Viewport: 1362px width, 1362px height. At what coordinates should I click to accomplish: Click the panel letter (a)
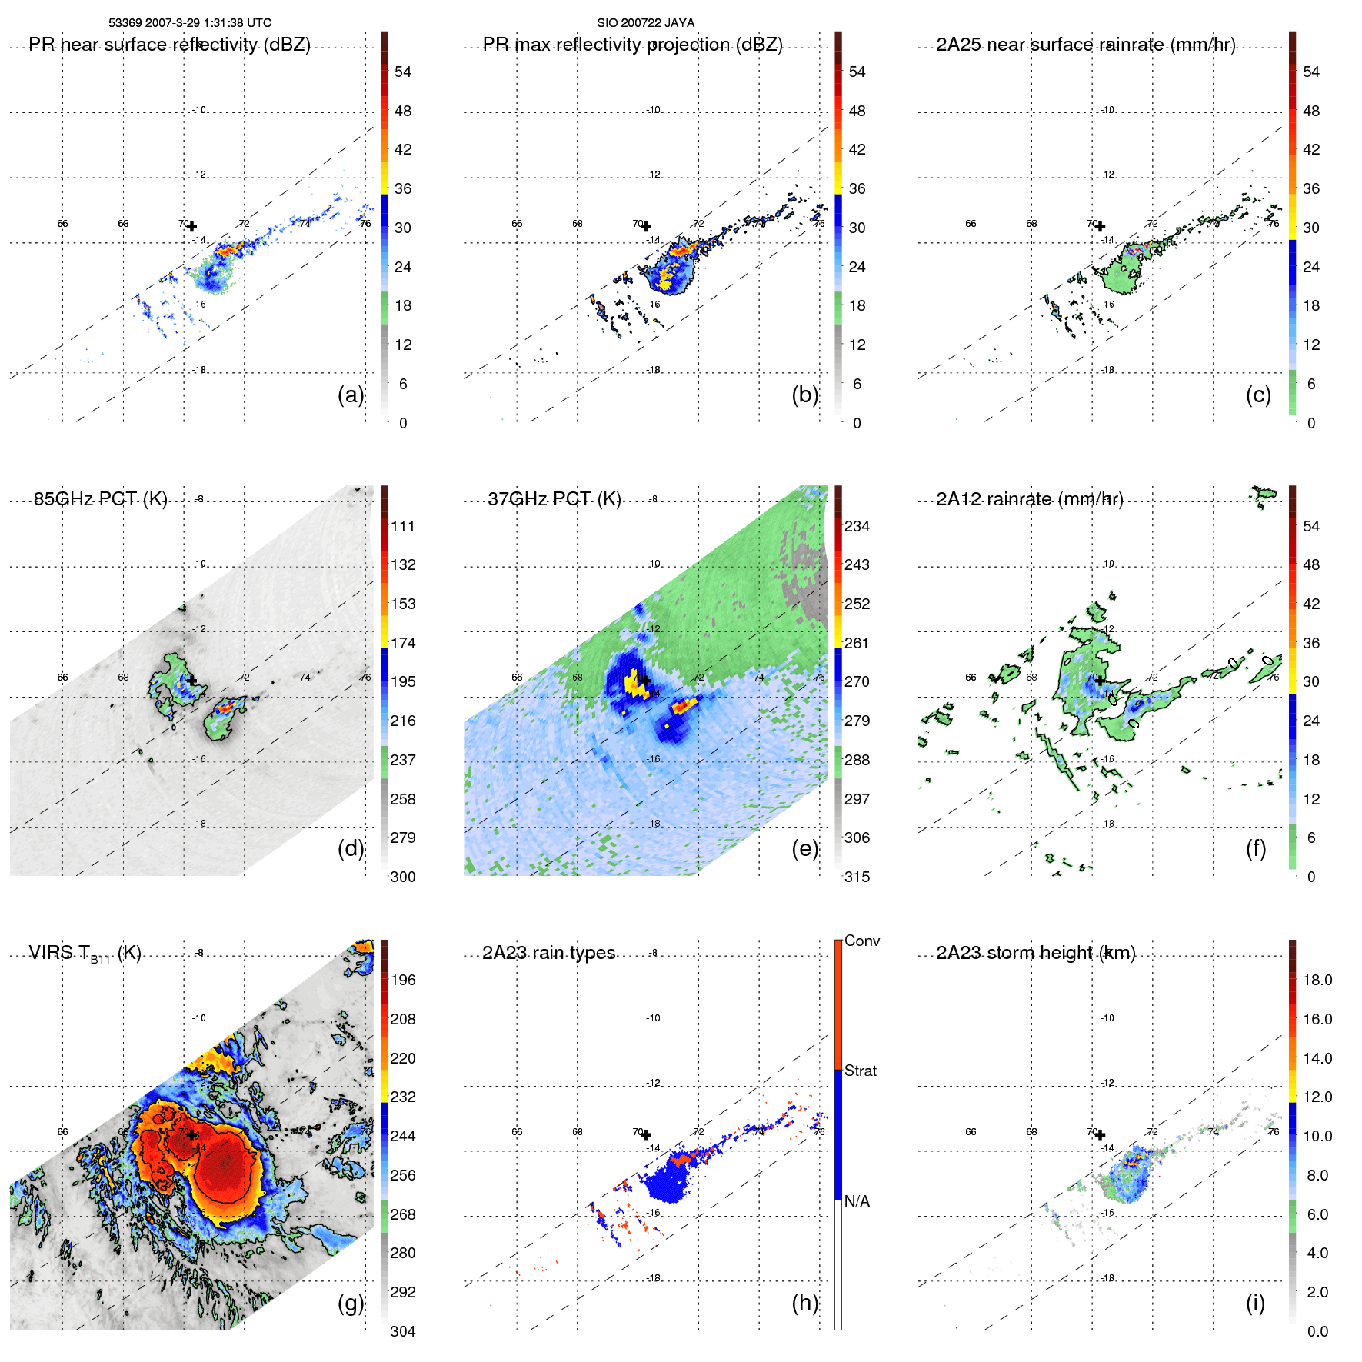click(350, 395)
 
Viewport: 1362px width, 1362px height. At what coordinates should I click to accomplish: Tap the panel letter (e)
click(804, 848)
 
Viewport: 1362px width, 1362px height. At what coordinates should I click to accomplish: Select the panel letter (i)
click(1255, 1303)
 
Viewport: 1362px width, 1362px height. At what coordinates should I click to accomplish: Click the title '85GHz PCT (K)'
click(100, 499)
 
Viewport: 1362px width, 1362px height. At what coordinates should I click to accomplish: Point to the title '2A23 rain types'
click(548, 953)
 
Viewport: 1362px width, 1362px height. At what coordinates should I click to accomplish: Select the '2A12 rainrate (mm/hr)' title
click(1030, 499)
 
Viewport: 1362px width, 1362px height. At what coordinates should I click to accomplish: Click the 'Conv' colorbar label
click(861, 941)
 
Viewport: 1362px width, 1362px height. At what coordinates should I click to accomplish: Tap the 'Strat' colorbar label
click(860, 1071)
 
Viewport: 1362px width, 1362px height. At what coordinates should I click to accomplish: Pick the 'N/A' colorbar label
click(857, 1201)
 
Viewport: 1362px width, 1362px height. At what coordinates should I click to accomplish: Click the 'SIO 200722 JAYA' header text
click(645, 23)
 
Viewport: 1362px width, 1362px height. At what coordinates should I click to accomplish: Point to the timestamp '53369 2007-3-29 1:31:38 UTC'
click(190, 23)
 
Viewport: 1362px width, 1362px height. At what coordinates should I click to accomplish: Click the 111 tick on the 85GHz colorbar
click(403, 526)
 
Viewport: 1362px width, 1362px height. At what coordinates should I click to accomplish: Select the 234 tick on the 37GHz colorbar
click(857, 526)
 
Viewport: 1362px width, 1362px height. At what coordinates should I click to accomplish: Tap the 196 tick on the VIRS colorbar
click(403, 980)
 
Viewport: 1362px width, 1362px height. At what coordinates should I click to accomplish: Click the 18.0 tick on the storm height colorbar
click(1317, 980)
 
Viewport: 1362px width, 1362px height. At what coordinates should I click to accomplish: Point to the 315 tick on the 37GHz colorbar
click(857, 877)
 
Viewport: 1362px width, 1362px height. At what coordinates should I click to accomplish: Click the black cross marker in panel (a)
click(191, 227)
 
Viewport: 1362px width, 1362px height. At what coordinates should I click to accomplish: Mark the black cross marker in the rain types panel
click(646, 1135)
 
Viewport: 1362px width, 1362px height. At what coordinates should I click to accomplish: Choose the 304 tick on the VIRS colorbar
click(403, 1331)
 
